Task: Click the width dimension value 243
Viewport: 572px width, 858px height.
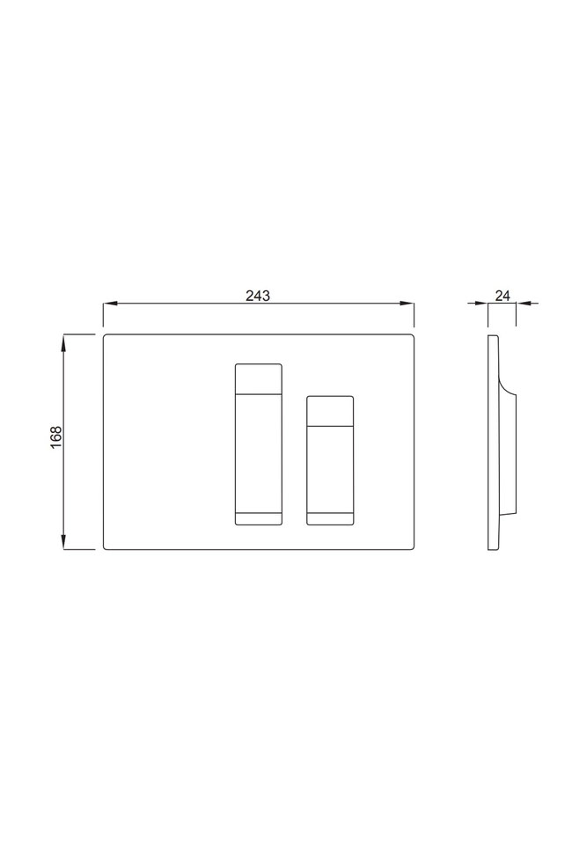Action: coord(258,296)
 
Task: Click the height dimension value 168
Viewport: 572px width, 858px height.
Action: coord(56,437)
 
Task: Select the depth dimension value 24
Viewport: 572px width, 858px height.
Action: coord(502,296)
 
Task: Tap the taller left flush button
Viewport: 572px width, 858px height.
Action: coord(259,444)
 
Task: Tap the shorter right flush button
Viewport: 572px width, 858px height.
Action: coord(330,460)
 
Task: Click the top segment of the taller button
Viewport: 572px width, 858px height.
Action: coord(259,378)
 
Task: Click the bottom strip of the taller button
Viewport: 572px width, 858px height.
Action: coord(259,518)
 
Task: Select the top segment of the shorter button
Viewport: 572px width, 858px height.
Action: coord(330,410)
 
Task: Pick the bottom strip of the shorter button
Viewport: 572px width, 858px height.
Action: coord(330,518)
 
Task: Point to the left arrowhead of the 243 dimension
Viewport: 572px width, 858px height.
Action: coord(109,303)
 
